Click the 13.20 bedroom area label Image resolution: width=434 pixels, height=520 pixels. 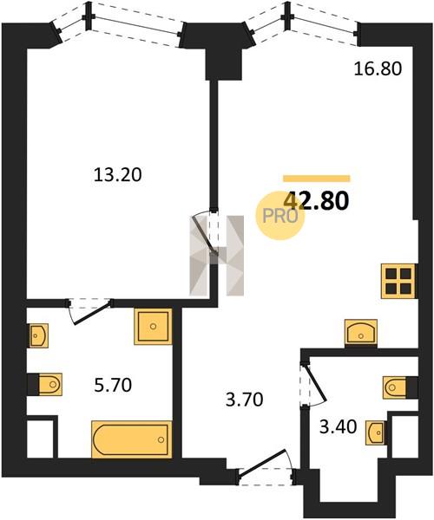[x=117, y=175]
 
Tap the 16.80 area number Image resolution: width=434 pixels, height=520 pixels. [x=378, y=69]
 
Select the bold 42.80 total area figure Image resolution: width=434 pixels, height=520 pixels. [x=317, y=201]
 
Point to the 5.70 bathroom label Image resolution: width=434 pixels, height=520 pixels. [x=113, y=385]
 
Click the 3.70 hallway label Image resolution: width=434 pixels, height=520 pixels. [x=245, y=400]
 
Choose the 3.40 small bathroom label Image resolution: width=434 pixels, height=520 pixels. [x=338, y=426]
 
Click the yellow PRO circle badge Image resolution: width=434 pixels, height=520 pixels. [x=279, y=216]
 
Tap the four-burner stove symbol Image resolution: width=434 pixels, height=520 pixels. [x=398, y=281]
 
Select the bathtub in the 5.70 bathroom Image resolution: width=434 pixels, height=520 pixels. [x=132, y=439]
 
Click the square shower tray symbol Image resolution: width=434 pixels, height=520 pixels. [x=153, y=327]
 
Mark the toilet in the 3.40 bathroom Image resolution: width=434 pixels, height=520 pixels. [x=397, y=387]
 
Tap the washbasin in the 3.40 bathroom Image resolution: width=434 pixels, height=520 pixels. [x=376, y=432]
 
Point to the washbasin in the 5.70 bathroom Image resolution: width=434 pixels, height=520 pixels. [x=38, y=335]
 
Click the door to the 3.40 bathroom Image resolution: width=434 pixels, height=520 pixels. [x=312, y=384]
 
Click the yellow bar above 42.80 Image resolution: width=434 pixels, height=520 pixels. [x=317, y=179]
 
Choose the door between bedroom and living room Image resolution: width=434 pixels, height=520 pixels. [x=205, y=233]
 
